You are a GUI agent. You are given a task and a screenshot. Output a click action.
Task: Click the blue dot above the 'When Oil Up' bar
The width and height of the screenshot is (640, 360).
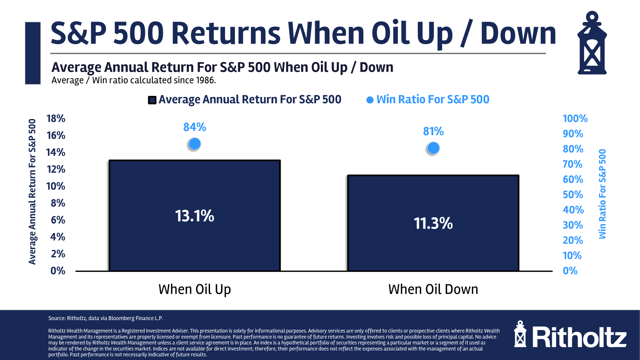coord(195,144)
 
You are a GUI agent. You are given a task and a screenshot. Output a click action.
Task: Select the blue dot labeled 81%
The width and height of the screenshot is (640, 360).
coord(433,148)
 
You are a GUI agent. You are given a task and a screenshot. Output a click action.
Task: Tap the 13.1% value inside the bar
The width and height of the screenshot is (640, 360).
coord(194,216)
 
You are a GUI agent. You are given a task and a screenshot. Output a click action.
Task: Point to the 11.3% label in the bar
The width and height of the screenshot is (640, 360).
coord(433,223)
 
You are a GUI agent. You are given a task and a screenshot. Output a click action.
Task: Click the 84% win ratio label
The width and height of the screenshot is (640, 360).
coord(194,127)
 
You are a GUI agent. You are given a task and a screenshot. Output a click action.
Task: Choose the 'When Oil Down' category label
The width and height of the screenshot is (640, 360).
coord(433,289)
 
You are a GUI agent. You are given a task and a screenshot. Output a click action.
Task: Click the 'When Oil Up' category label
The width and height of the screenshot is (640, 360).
coord(194,289)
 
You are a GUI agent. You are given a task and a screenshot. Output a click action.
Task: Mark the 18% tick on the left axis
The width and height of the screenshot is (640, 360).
coord(56,119)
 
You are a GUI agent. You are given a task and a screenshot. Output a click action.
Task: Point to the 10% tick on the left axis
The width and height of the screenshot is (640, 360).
coord(56,186)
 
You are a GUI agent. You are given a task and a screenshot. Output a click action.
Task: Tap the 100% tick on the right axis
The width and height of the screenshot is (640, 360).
coord(575,119)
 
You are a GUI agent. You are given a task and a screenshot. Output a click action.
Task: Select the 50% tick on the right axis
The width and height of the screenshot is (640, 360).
coord(573,195)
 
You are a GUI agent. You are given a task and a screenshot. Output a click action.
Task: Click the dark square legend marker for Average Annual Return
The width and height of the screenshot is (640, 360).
coord(152,100)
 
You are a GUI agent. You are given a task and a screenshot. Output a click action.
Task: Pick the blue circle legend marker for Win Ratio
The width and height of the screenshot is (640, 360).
coord(370,100)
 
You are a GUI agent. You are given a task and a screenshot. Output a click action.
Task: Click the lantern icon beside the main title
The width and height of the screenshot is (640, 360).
coord(592,43)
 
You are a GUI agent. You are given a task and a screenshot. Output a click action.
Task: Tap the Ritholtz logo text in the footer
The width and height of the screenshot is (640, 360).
coord(579,337)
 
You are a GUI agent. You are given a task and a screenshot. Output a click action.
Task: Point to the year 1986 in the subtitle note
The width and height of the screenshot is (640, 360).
coord(205,80)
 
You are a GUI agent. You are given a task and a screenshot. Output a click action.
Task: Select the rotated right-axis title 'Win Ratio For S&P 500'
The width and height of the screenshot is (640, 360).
coord(602,194)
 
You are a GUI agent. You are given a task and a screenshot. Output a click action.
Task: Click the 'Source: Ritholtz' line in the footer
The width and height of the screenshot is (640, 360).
coord(105,318)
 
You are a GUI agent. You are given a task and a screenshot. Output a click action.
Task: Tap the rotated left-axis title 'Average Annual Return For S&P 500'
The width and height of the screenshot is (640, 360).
coord(32,191)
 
